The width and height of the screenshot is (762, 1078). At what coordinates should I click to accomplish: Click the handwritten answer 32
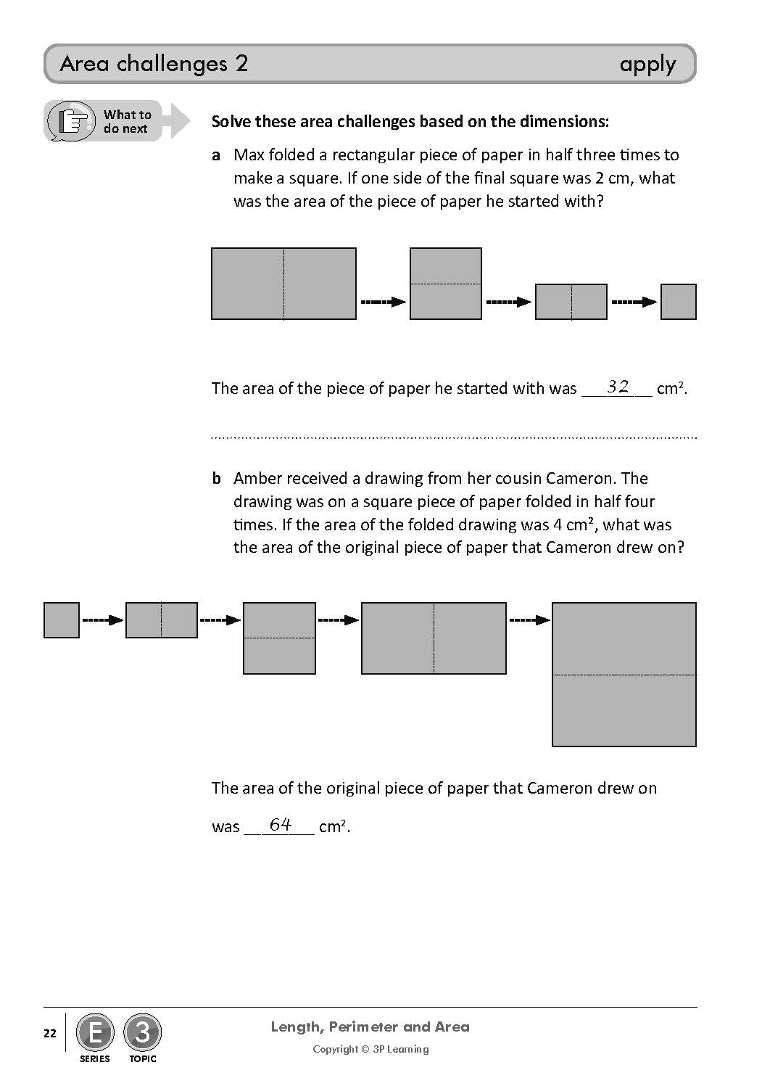[618, 387]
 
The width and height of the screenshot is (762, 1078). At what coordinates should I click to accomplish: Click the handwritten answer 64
[280, 824]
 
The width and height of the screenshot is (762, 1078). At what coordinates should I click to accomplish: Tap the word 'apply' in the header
[647, 65]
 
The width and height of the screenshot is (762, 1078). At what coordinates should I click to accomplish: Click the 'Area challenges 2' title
[154, 64]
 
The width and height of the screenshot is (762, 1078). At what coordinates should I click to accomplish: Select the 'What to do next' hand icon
[73, 120]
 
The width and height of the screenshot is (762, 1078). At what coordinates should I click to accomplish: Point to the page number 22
[49, 1033]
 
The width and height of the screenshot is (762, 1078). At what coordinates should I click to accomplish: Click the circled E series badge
[95, 1032]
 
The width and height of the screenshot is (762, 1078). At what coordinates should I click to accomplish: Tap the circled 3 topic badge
[142, 1032]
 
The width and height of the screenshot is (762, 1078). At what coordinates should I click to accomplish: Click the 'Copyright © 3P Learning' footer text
[370, 1049]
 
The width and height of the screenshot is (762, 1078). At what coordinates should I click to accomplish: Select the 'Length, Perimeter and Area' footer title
[370, 1026]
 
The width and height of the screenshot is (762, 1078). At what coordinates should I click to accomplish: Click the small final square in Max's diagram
[678, 302]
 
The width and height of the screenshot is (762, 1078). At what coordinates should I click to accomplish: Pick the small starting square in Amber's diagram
[62, 620]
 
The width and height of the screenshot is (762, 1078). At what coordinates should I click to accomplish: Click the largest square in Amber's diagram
[624, 674]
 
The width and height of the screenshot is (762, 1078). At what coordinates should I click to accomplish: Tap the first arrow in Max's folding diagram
[383, 302]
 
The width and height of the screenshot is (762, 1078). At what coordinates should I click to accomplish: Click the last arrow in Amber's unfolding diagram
[529, 620]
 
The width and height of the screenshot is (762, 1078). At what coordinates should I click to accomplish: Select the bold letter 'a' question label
[216, 155]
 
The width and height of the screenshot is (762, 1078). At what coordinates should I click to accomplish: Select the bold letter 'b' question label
[216, 479]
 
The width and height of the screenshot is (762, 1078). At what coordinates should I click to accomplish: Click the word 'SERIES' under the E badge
[95, 1058]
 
